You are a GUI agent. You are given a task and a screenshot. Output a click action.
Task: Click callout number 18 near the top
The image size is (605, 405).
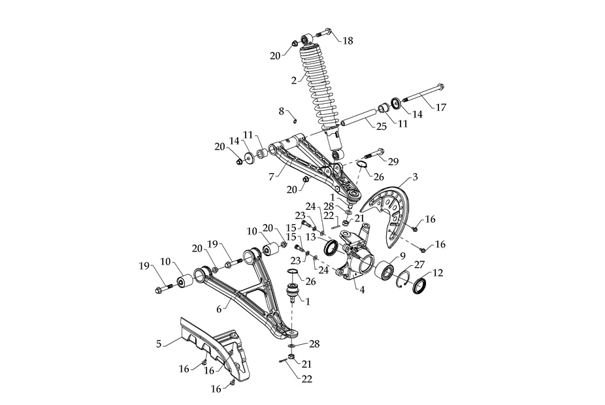348,40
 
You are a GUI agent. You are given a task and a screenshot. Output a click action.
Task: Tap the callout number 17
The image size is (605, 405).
442,107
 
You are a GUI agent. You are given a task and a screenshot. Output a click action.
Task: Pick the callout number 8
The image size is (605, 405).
282,111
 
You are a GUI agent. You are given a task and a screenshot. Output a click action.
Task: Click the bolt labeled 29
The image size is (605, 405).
373,155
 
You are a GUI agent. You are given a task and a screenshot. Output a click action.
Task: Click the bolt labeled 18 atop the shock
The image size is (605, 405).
325,31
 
